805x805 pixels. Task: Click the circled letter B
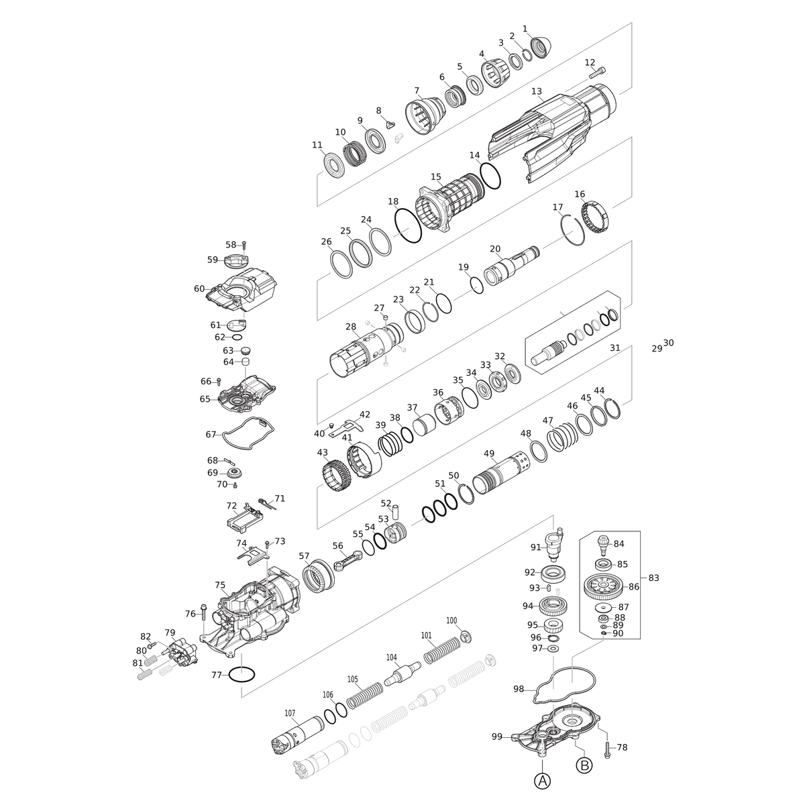coord(584,765)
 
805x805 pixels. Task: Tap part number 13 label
coord(537,91)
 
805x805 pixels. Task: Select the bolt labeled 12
coord(598,72)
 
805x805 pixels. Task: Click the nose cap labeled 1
coord(541,48)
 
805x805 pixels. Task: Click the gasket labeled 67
coord(248,433)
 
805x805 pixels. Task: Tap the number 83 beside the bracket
coord(653,578)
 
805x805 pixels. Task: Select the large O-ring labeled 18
coord(408,225)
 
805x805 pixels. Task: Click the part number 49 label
coord(489,453)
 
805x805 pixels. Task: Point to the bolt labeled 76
coord(203,613)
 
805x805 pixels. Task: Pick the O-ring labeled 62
coord(236,337)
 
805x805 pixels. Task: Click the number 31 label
coord(614,347)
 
